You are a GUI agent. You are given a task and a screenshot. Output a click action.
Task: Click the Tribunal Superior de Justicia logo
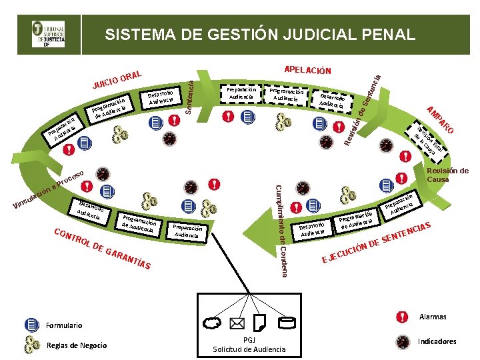click(49, 33)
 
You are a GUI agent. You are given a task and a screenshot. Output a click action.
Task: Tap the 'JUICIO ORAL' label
click(118, 78)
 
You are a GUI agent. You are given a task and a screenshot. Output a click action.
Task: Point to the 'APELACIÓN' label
click(307, 69)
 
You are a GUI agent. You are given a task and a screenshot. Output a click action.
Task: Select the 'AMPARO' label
click(441, 119)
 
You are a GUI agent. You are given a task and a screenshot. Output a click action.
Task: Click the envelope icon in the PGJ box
click(237, 323)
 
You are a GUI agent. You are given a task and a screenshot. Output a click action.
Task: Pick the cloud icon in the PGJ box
click(213, 323)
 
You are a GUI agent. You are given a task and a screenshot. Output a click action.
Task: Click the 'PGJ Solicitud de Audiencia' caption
click(249, 345)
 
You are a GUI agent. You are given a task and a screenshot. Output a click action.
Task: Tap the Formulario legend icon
click(32, 325)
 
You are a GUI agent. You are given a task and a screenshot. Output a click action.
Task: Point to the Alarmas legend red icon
click(402, 317)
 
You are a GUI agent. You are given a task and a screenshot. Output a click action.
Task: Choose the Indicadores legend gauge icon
click(402, 341)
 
